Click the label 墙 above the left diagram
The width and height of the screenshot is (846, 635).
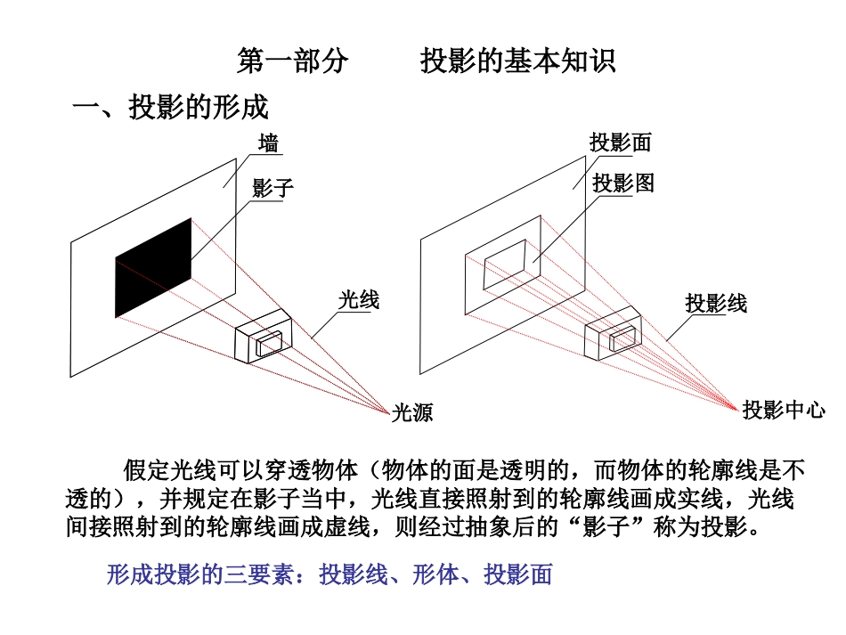click(x=268, y=144)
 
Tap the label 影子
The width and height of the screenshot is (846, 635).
click(x=273, y=188)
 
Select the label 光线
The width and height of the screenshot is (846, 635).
click(x=359, y=300)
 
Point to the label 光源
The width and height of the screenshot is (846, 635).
click(x=412, y=412)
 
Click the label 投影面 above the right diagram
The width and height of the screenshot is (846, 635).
click(x=621, y=143)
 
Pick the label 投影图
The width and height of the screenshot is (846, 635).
click(x=623, y=183)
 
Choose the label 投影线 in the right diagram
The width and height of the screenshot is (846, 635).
click(x=716, y=303)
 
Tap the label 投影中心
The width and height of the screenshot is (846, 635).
click(x=784, y=410)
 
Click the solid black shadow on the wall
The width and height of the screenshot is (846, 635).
click(x=153, y=268)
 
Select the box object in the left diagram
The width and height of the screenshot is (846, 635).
click(x=264, y=336)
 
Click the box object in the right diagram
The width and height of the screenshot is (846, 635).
click(x=614, y=333)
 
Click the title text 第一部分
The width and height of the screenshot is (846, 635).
click(x=293, y=61)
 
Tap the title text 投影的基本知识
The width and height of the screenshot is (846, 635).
click(x=518, y=61)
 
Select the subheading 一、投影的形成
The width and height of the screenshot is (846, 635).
click(x=170, y=106)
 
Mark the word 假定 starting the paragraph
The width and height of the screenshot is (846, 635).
click(x=147, y=470)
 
